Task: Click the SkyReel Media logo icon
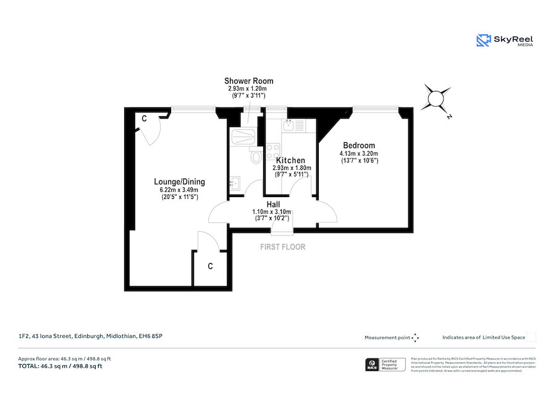coord(482,41)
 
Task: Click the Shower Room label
coord(248,81)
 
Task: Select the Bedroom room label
coord(359,145)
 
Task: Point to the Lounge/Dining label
coord(179,182)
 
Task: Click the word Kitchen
coord(290,160)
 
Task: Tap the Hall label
coord(274,204)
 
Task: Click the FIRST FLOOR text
coord(283,247)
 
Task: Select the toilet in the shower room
coord(256,157)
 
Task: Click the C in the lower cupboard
coord(210,266)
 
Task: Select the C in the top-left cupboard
coord(143,118)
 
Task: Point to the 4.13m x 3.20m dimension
coord(359,153)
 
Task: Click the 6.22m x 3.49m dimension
coord(179,190)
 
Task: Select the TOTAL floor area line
coord(61,366)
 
